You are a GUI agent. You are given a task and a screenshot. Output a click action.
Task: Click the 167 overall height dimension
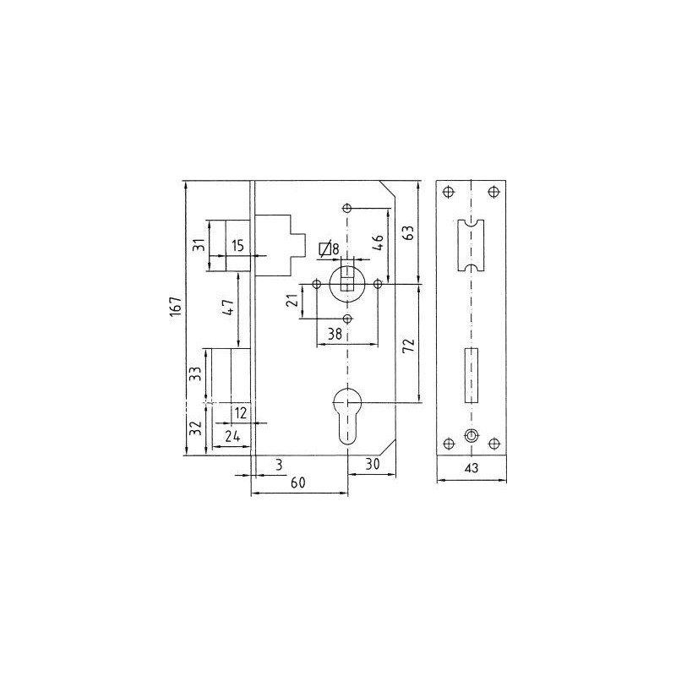click(176, 307)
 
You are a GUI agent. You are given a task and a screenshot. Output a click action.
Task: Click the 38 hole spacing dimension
click(335, 334)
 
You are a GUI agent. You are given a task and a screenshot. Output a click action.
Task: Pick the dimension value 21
click(292, 301)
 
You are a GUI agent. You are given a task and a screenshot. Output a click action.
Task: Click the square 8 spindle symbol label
click(329, 249)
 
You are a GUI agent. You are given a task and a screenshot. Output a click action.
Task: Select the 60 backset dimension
click(297, 482)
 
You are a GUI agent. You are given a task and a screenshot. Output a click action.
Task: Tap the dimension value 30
click(372, 464)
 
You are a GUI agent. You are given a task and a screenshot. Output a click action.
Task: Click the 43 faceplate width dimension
click(472, 468)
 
